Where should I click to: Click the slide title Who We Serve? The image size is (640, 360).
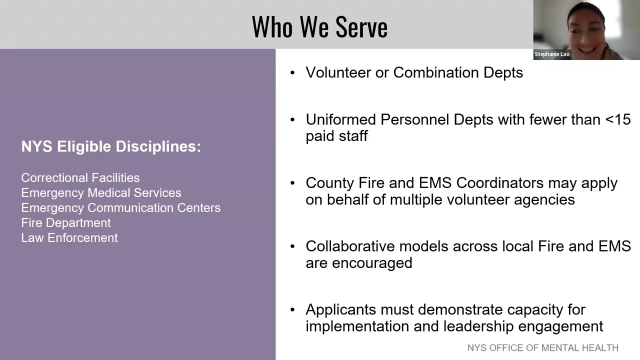319,27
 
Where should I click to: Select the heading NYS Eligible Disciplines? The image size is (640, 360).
111,146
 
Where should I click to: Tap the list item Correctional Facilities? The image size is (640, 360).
80,178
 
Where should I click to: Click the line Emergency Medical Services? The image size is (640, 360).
101,193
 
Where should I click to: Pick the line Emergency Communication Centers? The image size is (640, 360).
120,208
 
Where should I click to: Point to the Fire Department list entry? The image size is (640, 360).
66,223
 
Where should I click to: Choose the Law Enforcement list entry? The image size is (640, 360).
69,238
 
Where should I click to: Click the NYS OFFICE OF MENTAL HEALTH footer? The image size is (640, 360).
542,348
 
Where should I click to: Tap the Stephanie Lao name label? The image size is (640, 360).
552,54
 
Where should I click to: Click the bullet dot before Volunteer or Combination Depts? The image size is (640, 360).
293,73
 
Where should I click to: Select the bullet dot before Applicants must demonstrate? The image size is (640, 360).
293,310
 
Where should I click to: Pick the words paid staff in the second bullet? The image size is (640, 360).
336,136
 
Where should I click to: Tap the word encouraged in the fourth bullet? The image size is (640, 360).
378,263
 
